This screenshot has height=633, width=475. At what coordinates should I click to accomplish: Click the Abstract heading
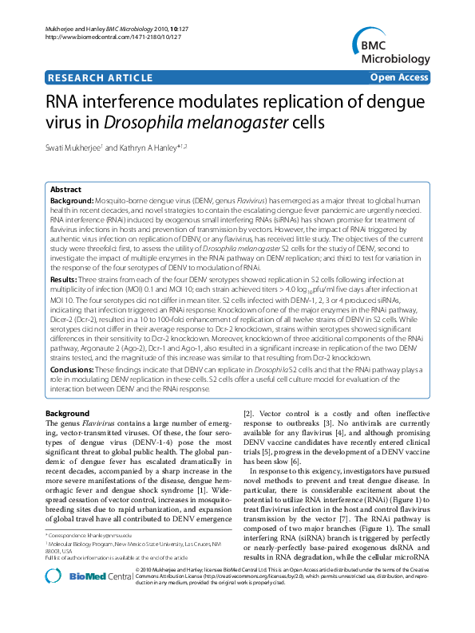pos(65,190)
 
